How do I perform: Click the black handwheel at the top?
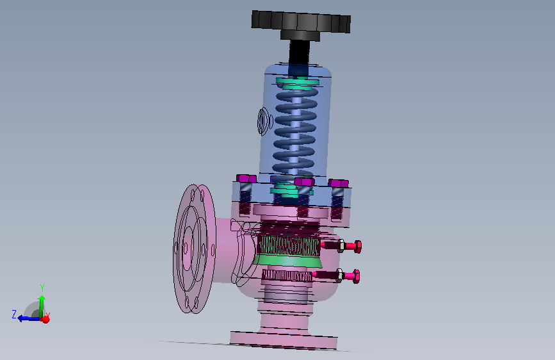point(301,22)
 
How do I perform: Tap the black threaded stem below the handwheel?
point(299,53)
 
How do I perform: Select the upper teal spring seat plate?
point(298,83)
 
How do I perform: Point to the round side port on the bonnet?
point(264,122)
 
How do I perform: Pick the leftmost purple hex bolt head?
point(246,178)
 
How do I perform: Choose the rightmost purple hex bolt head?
point(339,183)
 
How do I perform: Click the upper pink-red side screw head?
point(353,246)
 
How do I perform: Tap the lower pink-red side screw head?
point(352,276)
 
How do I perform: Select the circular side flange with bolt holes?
point(195,249)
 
